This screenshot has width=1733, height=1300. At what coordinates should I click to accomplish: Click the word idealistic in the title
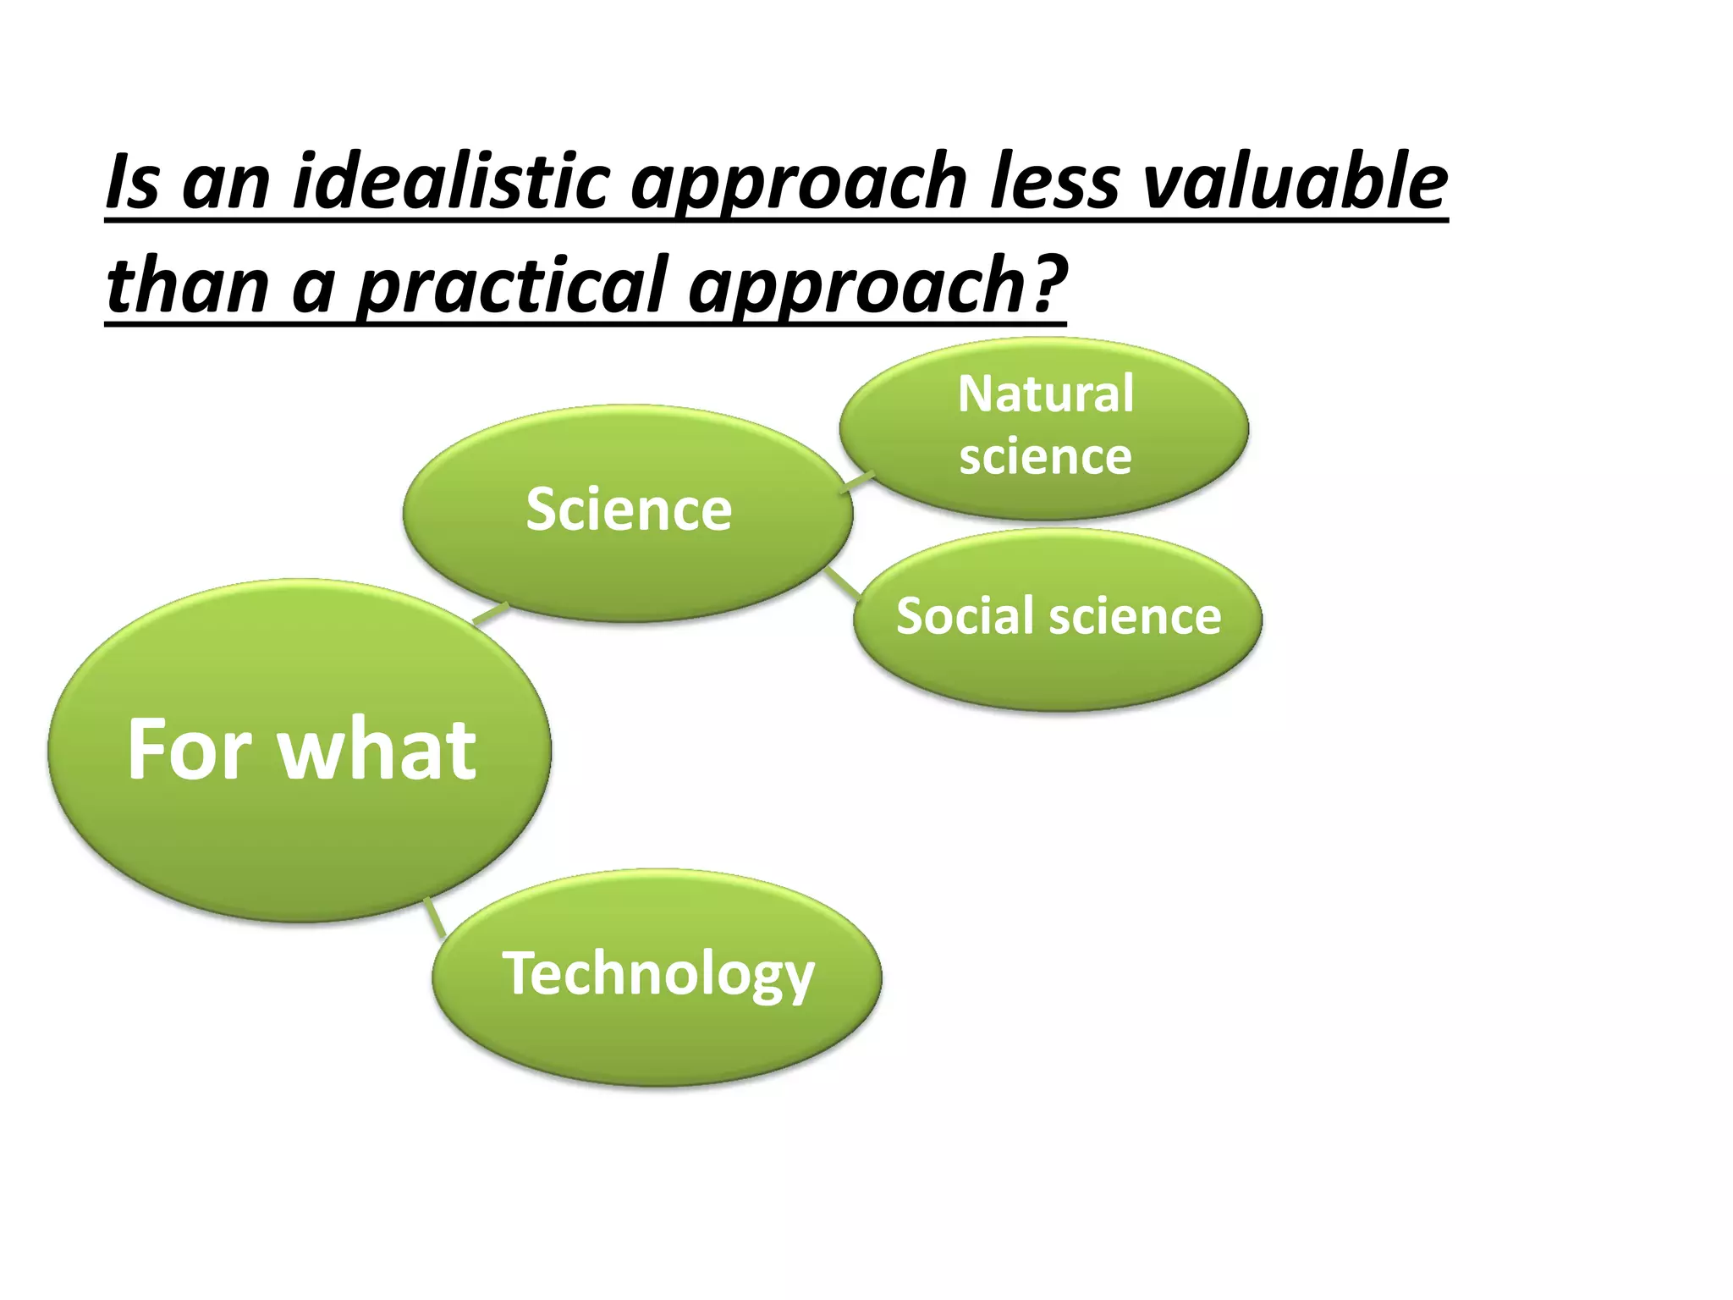point(450,182)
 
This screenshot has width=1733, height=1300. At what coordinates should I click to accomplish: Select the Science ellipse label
point(628,510)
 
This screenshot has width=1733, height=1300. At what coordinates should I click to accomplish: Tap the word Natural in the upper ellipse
point(1045,394)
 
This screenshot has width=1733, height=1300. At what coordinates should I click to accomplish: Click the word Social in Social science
point(962,616)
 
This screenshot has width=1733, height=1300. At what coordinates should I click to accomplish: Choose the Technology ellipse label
point(657,973)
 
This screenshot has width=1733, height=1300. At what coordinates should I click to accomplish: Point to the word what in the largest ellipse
point(377,749)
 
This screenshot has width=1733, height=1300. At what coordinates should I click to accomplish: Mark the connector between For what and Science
point(490,614)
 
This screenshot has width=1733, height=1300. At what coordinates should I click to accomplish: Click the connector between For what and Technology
point(435,917)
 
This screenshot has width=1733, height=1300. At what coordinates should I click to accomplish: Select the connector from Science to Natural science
point(857,482)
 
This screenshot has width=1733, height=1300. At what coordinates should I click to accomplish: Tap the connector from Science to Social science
point(842,582)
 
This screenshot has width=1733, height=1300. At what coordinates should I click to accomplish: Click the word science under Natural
point(1045,457)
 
